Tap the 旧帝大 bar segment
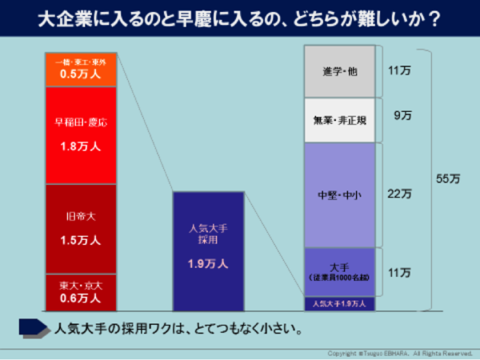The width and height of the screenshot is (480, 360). (82, 228)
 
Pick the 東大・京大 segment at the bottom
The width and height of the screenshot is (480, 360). (82, 291)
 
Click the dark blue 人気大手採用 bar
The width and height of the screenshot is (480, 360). (208, 250)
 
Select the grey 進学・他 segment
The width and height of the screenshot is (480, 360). (340, 72)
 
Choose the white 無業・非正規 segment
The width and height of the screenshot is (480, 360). (340, 121)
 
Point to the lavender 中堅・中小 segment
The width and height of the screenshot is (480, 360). (340, 194)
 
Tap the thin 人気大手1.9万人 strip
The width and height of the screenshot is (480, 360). (340, 304)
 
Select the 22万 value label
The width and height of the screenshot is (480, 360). (399, 194)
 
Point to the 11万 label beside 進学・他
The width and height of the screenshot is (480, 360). (399, 71)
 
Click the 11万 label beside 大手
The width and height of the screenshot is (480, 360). (399, 273)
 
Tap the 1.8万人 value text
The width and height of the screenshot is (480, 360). (82, 147)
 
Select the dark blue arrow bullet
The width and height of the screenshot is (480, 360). (33, 326)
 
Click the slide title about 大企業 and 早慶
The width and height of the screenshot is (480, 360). (239, 18)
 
